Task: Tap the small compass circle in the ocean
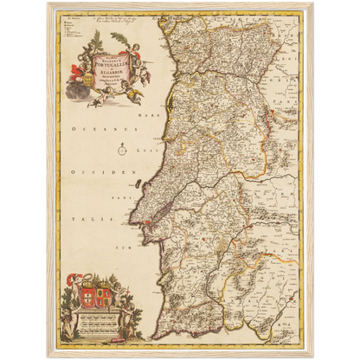pos(123,150)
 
